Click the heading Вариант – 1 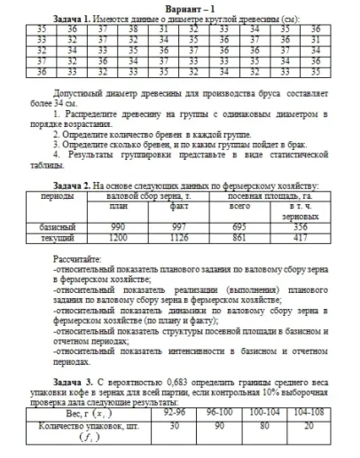(x=180, y=7)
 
